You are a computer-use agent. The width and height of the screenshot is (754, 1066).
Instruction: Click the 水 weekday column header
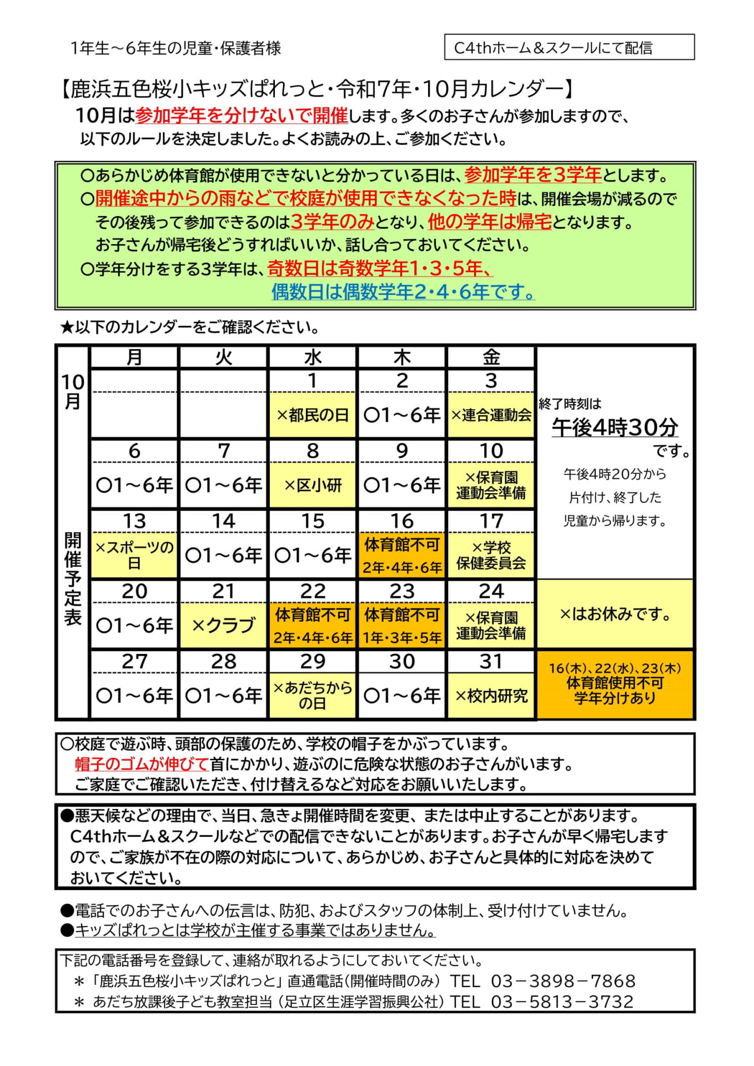[x=313, y=357]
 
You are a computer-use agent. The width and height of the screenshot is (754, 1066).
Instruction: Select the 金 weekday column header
[x=491, y=357]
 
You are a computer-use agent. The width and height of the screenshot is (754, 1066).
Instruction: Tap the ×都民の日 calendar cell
[x=313, y=415]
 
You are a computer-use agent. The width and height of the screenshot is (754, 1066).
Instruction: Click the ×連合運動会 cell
[x=491, y=415]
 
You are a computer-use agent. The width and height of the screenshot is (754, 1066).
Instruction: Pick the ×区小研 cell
[x=313, y=485]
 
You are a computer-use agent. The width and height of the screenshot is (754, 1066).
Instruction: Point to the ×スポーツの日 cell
[x=134, y=555]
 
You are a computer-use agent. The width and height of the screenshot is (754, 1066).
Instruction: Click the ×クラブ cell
[x=223, y=626]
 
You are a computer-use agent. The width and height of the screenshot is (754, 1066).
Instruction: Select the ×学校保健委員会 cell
[x=491, y=555]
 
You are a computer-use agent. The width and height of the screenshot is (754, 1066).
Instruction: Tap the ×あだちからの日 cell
[x=313, y=696]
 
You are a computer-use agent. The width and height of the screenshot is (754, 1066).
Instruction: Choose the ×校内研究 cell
[x=491, y=696]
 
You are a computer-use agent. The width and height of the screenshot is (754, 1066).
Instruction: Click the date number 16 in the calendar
[x=401, y=521]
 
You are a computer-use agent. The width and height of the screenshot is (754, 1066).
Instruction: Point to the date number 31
[x=491, y=661]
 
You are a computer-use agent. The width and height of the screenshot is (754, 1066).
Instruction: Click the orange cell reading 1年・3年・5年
[x=401, y=637]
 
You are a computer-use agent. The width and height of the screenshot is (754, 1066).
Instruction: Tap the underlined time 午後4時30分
[x=615, y=427]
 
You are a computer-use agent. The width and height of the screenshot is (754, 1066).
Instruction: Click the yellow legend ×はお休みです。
[x=615, y=614]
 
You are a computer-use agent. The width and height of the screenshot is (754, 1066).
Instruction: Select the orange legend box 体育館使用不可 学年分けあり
[x=615, y=684]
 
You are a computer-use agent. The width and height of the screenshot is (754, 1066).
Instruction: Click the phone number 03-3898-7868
[x=562, y=981]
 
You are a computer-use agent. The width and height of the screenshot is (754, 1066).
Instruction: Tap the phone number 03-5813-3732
[x=562, y=1002]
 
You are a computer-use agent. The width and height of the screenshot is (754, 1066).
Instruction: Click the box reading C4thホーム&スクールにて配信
[x=569, y=48]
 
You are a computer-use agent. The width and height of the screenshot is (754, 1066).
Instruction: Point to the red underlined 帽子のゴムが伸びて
[x=142, y=764]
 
